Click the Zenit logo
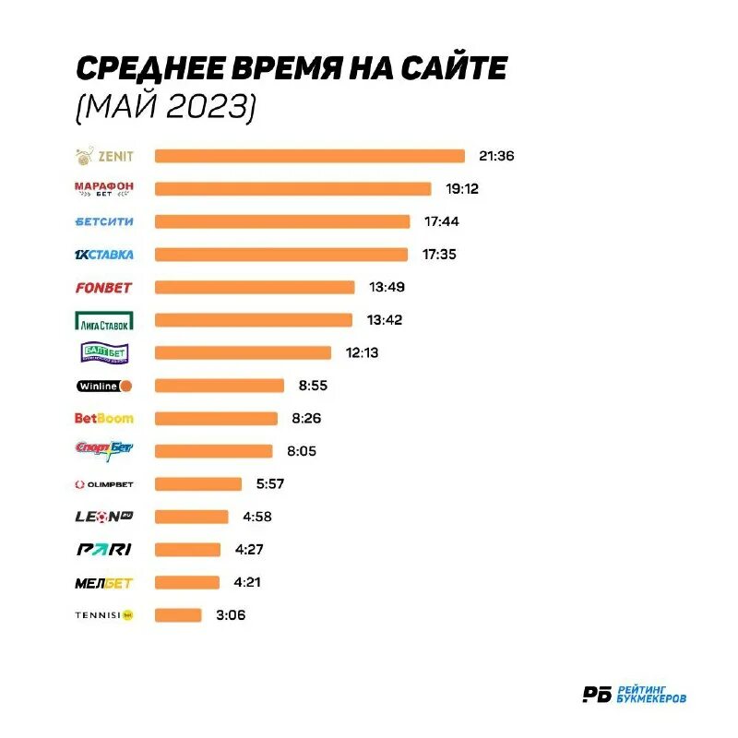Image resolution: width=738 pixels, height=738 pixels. pos(103,156)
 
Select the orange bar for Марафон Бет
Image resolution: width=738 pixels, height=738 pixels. pos(292,189)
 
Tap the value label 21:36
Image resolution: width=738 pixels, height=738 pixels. pos(496,156)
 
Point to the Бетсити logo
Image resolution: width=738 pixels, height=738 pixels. pos(103,221)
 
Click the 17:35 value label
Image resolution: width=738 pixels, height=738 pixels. pos(438,255)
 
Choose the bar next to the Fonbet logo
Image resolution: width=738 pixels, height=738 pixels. pos(255,287)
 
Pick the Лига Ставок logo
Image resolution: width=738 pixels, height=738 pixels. pos(103,320)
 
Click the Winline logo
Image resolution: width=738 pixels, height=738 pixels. pos(103,386)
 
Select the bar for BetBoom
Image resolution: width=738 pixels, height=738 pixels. pos(216,419)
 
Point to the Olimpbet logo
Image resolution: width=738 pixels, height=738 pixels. pos(103,484)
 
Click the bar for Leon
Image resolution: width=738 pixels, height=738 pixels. pos(191,517)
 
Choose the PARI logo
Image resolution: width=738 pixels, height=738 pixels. pos(103,550)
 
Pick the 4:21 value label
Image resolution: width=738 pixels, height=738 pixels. pos(250,582)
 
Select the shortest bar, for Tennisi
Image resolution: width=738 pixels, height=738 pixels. pos(178,615)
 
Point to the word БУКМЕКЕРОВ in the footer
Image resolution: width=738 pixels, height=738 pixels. pos(651,701)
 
